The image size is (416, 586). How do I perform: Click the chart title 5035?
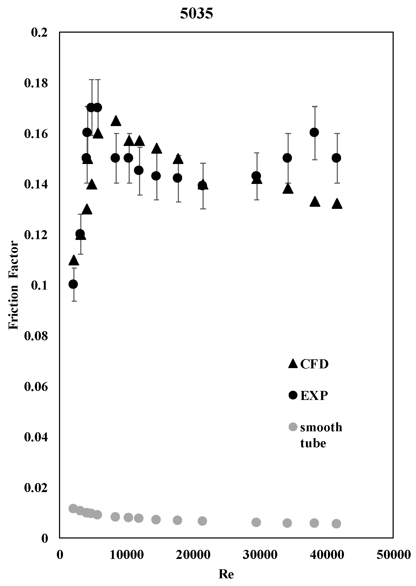tap(196, 14)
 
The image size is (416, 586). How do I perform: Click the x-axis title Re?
tap(226, 574)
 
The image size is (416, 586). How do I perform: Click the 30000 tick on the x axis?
tap(260, 554)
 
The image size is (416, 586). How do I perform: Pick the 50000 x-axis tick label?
tap(394, 554)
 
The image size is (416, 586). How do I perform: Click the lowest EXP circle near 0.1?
tap(73, 284)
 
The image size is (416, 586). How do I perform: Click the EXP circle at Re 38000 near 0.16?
tap(314, 132)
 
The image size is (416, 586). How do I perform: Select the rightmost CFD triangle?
tap(337, 204)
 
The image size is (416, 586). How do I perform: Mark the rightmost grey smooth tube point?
tap(336, 524)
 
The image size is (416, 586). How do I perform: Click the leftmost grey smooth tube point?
tap(73, 509)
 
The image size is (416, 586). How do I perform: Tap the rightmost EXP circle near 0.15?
tap(337, 158)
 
